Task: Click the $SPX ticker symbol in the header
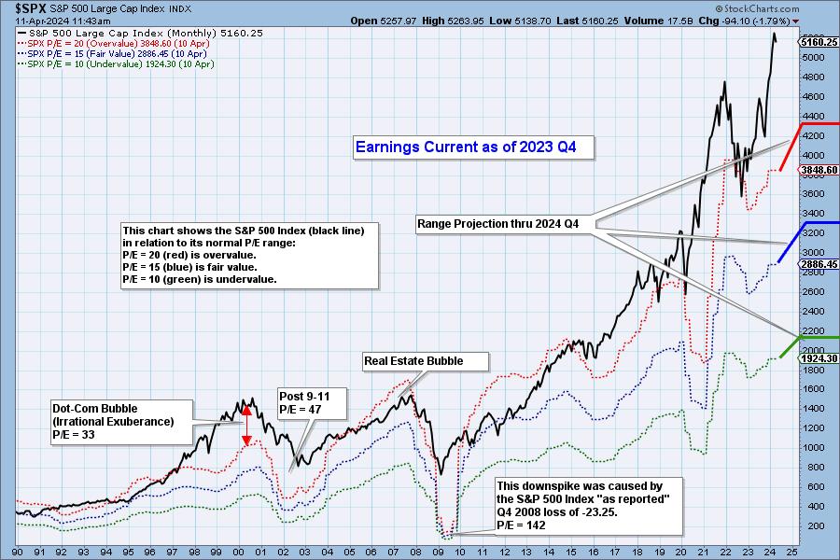pyautogui.click(x=18, y=7)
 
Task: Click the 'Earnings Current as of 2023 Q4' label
pyautogui.click(x=474, y=147)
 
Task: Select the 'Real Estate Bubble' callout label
pyautogui.click(x=413, y=361)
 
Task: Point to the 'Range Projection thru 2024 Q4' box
pyautogui.click(x=504, y=224)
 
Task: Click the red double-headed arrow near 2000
pyautogui.click(x=246, y=425)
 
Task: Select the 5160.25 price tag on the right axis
pyautogui.click(x=819, y=42)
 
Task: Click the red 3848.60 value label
pyautogui.click(x=819, y=170)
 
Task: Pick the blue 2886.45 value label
pyautogui.click(x=819, y=264)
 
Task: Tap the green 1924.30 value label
pyautogui.click(x=819, y=358)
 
